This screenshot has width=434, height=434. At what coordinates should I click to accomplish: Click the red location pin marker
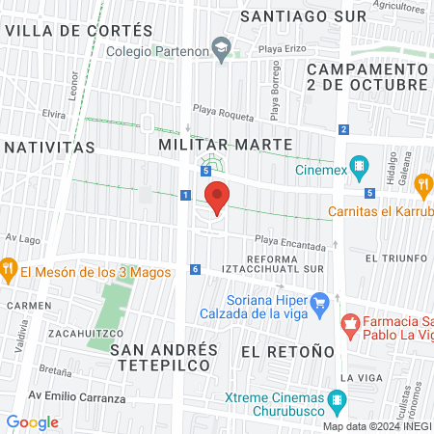(x=218, y=198)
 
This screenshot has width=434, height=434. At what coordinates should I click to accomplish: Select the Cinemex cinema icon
(x=360, y=166)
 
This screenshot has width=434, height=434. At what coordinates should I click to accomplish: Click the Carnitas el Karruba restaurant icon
(x=422, y=184)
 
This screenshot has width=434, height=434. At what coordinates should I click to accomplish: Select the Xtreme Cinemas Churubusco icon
(x=337, y=398)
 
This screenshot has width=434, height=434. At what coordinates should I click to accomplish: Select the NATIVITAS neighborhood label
(x=48, y=148)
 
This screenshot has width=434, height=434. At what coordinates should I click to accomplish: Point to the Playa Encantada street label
(x=290, y=246)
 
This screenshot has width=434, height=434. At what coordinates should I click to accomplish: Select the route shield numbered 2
(x=343, y=129)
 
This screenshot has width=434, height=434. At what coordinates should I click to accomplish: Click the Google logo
(x=32, y=422)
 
